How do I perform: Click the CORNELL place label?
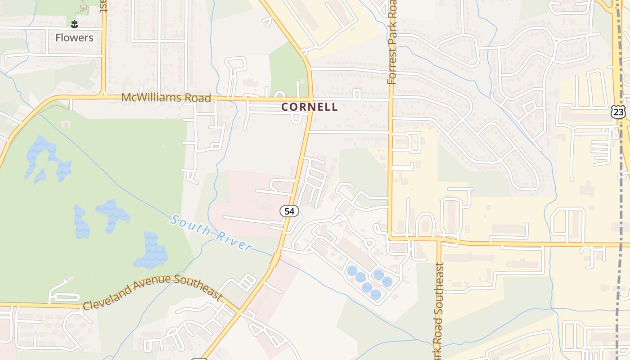click(x=309, y=107)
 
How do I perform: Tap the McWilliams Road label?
click(x=166, y=98)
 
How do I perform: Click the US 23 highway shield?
click(x=618, y=112)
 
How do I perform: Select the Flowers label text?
click(x=74, y=38)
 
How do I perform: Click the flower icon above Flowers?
click(x=75, y=23)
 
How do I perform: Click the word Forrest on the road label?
click(x=392, y=68)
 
